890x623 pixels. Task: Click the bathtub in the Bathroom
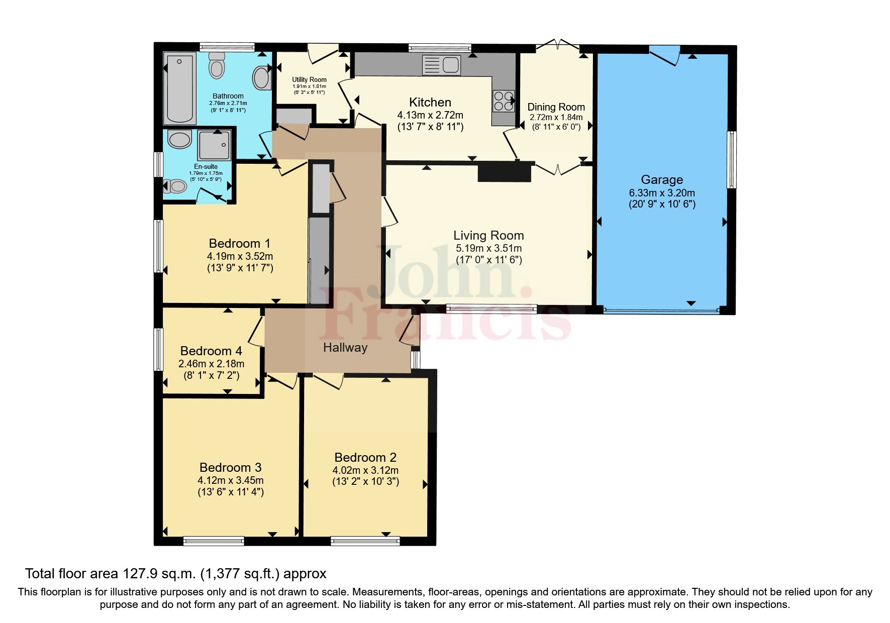[x=179, y=88]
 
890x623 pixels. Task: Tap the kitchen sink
[x=442, y=65]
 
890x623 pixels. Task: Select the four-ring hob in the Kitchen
[x=504, y=100]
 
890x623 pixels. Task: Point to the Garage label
[x=662, y=179]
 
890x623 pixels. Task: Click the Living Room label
[x=488, y=235]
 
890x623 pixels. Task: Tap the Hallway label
[x=345, y=348]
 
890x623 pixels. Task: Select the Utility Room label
[x=310, y=79]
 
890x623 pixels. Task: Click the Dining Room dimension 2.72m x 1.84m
[x=556, y=118]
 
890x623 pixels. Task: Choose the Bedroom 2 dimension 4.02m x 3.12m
[x=365, y=470]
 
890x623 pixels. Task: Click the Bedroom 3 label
[x=231, y=468]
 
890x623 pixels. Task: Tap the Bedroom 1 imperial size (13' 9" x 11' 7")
[x=240, y=268]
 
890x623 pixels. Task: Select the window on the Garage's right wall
[x=732, y=160]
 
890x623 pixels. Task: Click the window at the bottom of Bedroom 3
[x=214, y=541]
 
